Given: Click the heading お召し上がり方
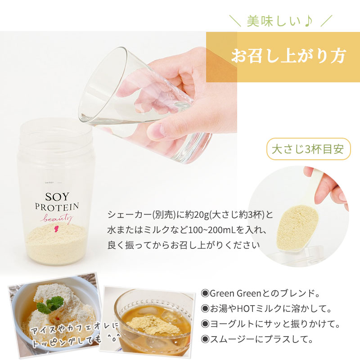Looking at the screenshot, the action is tap(288, 56).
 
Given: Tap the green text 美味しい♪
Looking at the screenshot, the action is tap(280, 21).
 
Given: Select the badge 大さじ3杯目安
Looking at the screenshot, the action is tap(308, 149).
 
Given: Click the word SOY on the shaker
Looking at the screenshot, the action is tap(57, 197).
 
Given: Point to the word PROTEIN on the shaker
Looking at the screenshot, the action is tap(57, 207).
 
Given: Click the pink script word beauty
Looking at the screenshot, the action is tap(58, 218).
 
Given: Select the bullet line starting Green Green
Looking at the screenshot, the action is tap(260, 293).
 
